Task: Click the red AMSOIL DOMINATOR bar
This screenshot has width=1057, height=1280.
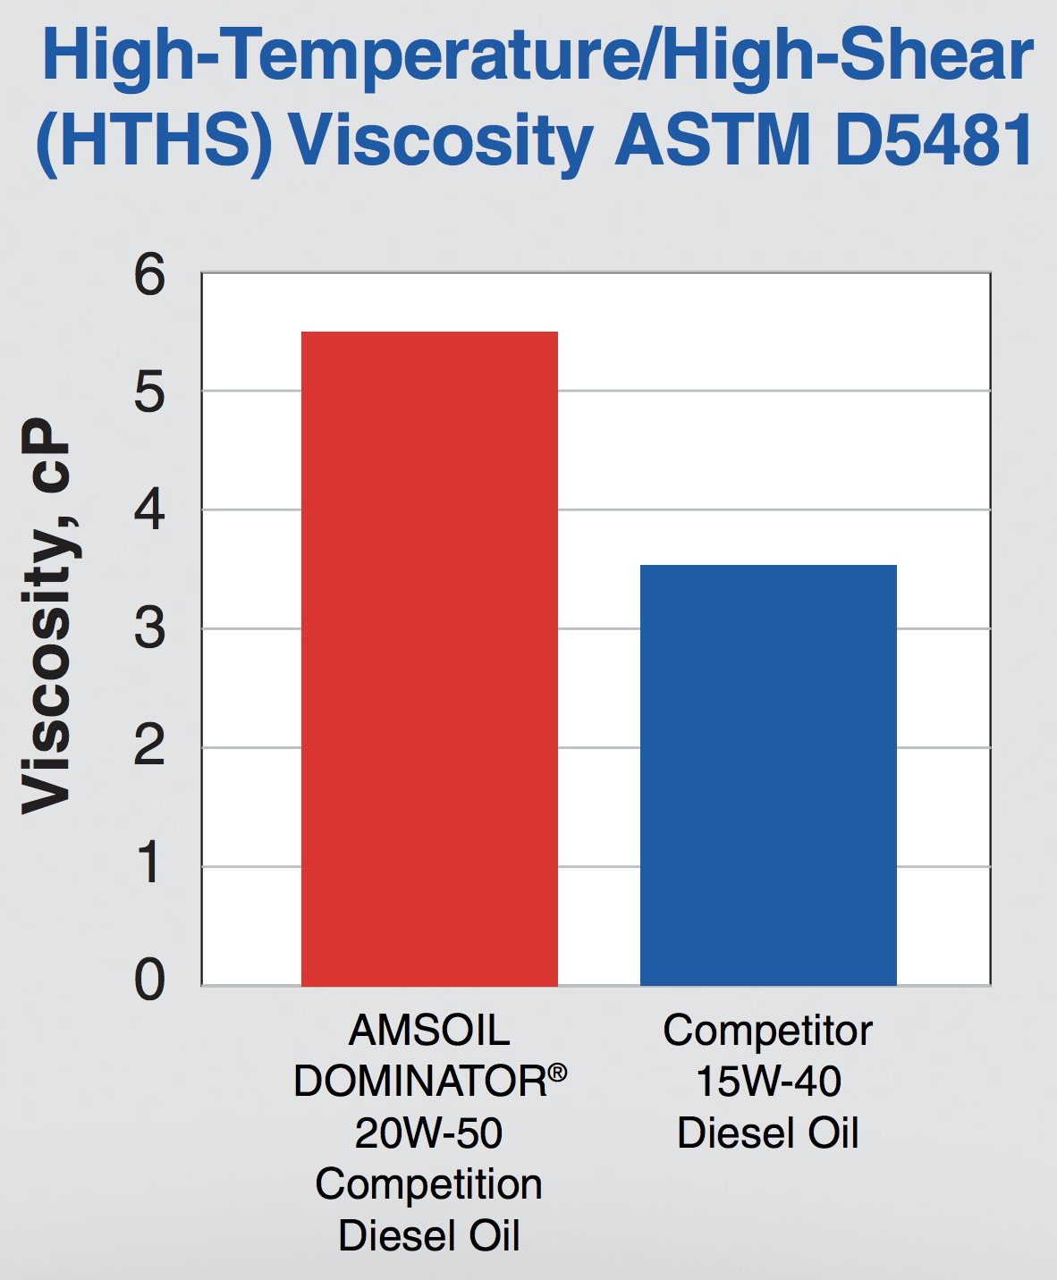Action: pyautogui.click(x=429, y=659)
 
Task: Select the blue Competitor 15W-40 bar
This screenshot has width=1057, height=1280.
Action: pyautogui.click(x=768, y=775)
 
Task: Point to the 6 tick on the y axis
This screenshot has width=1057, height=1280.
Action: pyautogui.click(x=150, y=274)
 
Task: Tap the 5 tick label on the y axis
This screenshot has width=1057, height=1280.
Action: pyautogui.click(x=150, y=392)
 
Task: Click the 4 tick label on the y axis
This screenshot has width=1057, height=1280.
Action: pyautogui.click(x=150, y=510)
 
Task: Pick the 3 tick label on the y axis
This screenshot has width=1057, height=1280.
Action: pyautogui.click(x=150, y=628)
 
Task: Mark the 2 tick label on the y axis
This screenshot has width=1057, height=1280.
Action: pyautogui.click(x=150, y=746)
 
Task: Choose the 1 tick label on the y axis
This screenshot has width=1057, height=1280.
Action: pyautogui.click(x=150, y=864)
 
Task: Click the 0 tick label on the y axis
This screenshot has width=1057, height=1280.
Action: pyautogui.click(x=150, y=980)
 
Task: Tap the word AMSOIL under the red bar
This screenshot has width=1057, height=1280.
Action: pyautogui.click(x=429, y=1031)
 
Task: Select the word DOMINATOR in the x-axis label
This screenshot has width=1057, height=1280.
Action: pyautogui.click(x=420, y=1082)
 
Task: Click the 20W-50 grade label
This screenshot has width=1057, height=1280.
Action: pyautogui.click(x=429, y=1133)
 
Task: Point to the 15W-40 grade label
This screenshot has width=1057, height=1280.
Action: pyautogui.click(x=768, y=1082)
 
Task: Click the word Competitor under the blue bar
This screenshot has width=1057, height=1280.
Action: pyautogui.click(x=768, y=1031)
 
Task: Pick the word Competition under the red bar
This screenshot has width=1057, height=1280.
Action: pyautogui.click(x=429, y=1184)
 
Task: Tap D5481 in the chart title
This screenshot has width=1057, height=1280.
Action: pyautogui.click(x=934, y=140)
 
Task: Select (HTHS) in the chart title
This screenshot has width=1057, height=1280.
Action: pyautogui.click(x=153, y=140)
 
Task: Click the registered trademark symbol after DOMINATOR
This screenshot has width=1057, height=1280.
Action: pyautogui.click(x=557, y=1072)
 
